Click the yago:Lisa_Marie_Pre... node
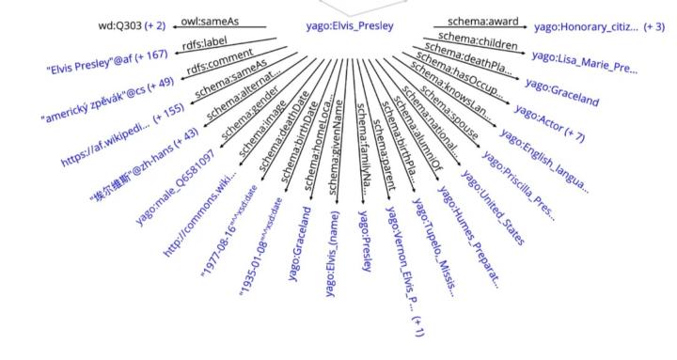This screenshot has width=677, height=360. pyautogui.click(x=584, y=62)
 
